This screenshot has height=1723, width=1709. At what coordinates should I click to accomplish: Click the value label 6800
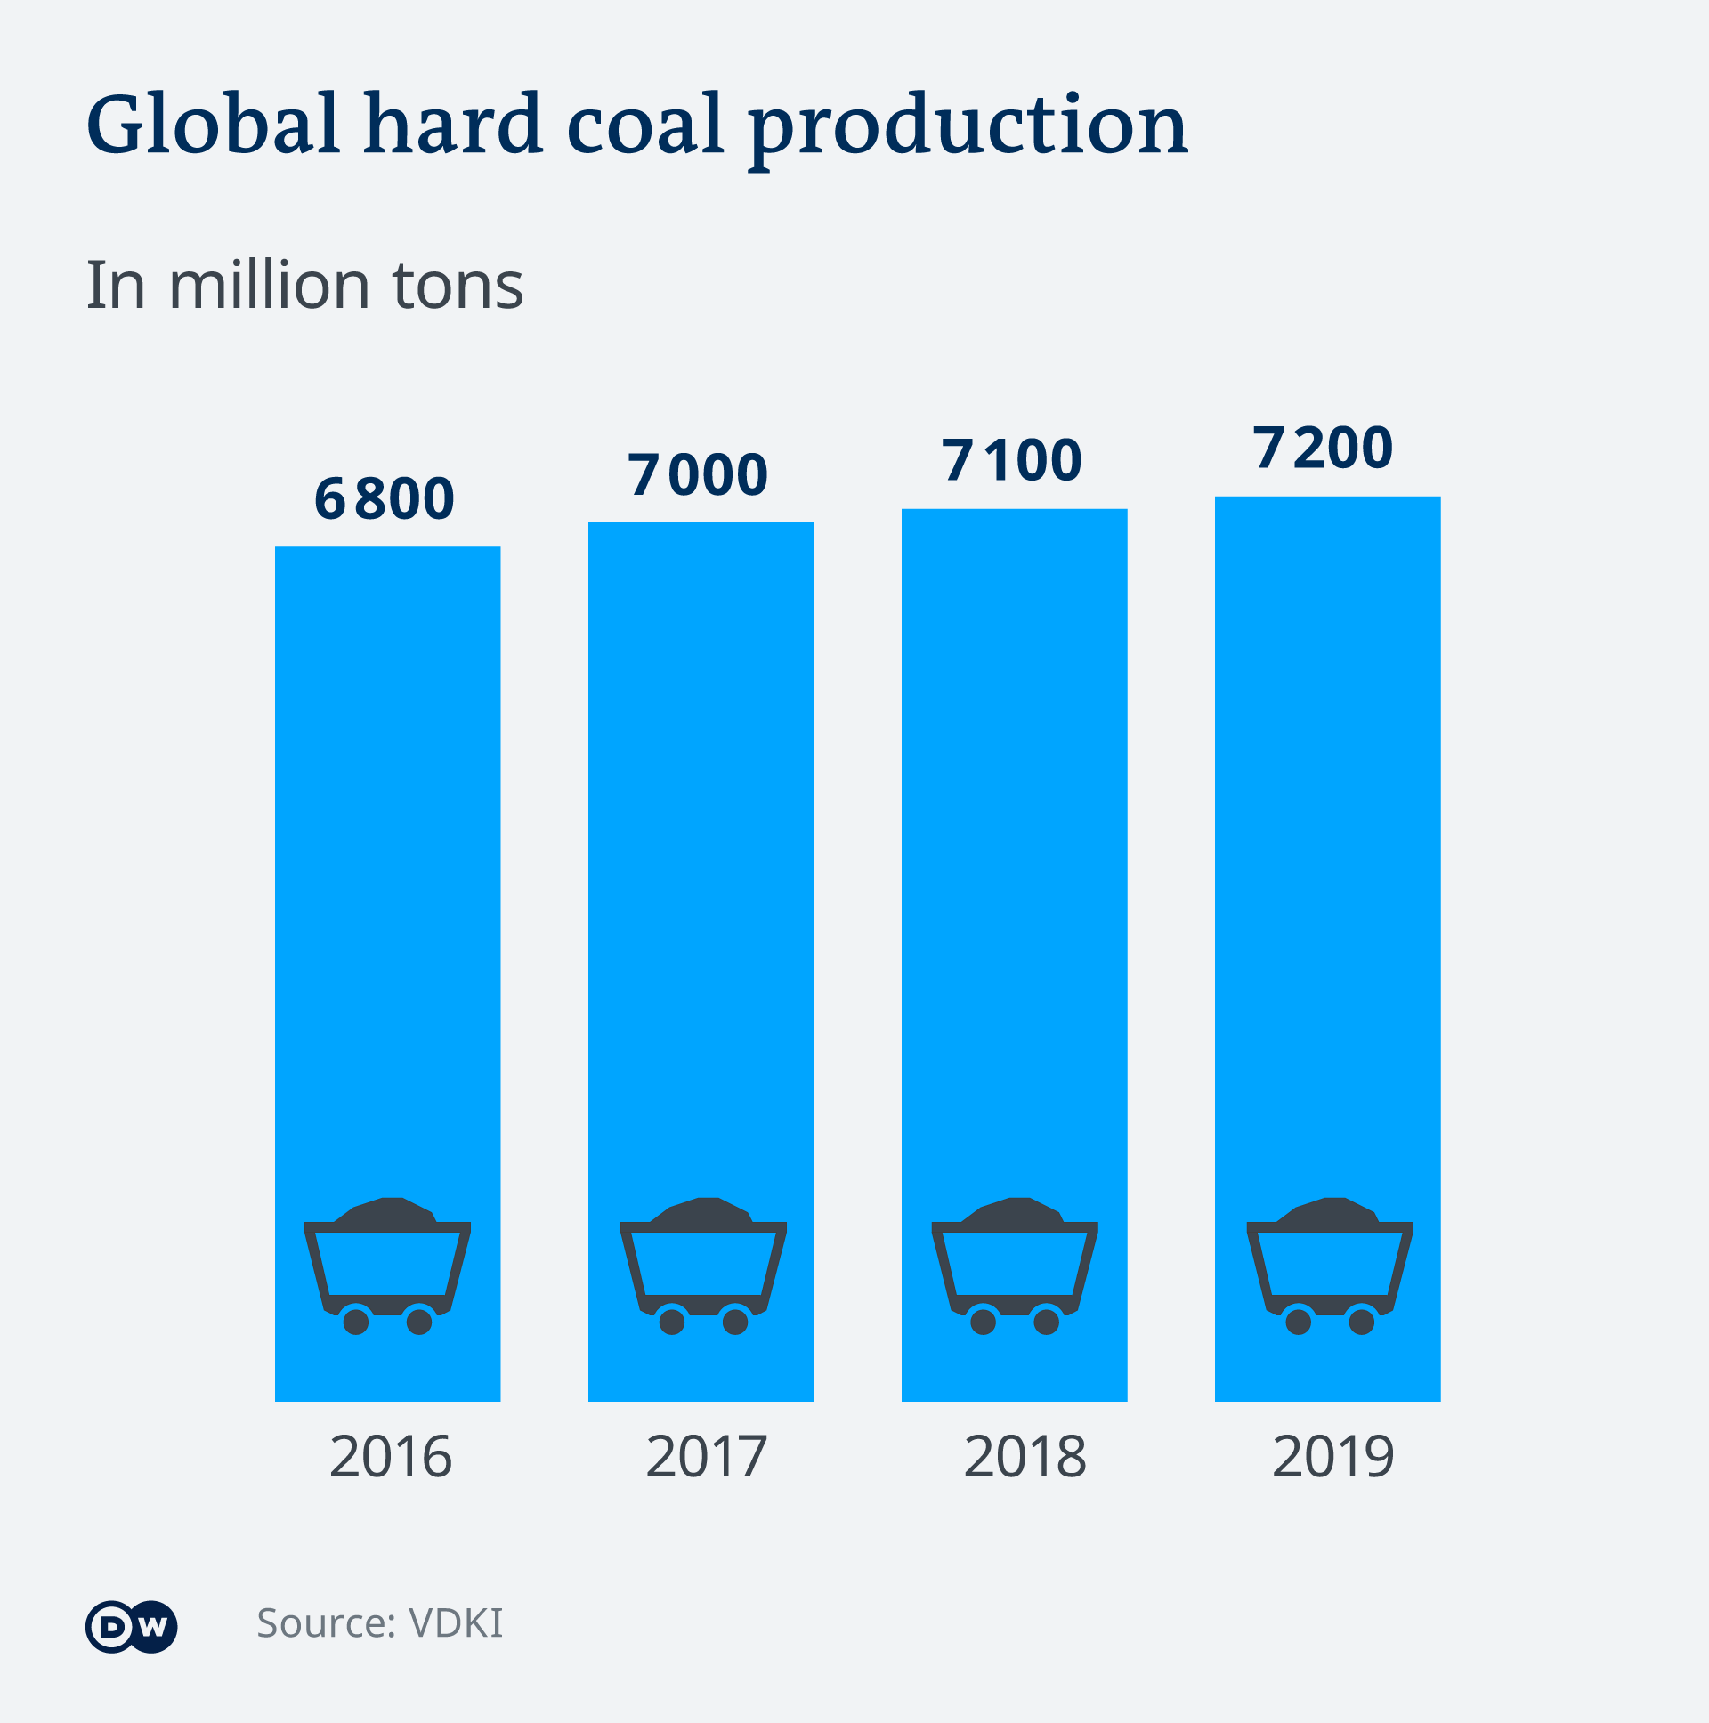(x=385, y=498)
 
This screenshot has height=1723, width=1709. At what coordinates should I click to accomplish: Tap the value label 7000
(x=698, y=474)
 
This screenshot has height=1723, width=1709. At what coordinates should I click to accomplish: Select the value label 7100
(x=1011, y=461)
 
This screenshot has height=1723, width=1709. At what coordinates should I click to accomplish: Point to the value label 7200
(x=1323, y=448)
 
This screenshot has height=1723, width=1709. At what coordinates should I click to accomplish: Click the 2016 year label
(x=391, y=1457)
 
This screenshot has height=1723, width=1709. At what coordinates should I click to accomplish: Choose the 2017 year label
(x=706, y=1457)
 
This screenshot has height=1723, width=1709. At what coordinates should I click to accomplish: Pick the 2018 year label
(x=1025, y=1457)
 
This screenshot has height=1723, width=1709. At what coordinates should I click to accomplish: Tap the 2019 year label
(x=1332, y=1457)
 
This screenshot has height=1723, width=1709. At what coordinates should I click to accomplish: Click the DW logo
(x=132, y=1628)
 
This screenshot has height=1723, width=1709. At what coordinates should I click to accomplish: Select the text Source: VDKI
(x=380, y=1623)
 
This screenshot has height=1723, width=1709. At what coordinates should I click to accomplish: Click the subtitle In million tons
(x=304, y=286)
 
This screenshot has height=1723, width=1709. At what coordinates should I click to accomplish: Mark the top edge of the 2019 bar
(x=1327, y=497)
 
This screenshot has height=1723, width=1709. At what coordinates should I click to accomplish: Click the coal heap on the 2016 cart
(x=387, y=1212)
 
